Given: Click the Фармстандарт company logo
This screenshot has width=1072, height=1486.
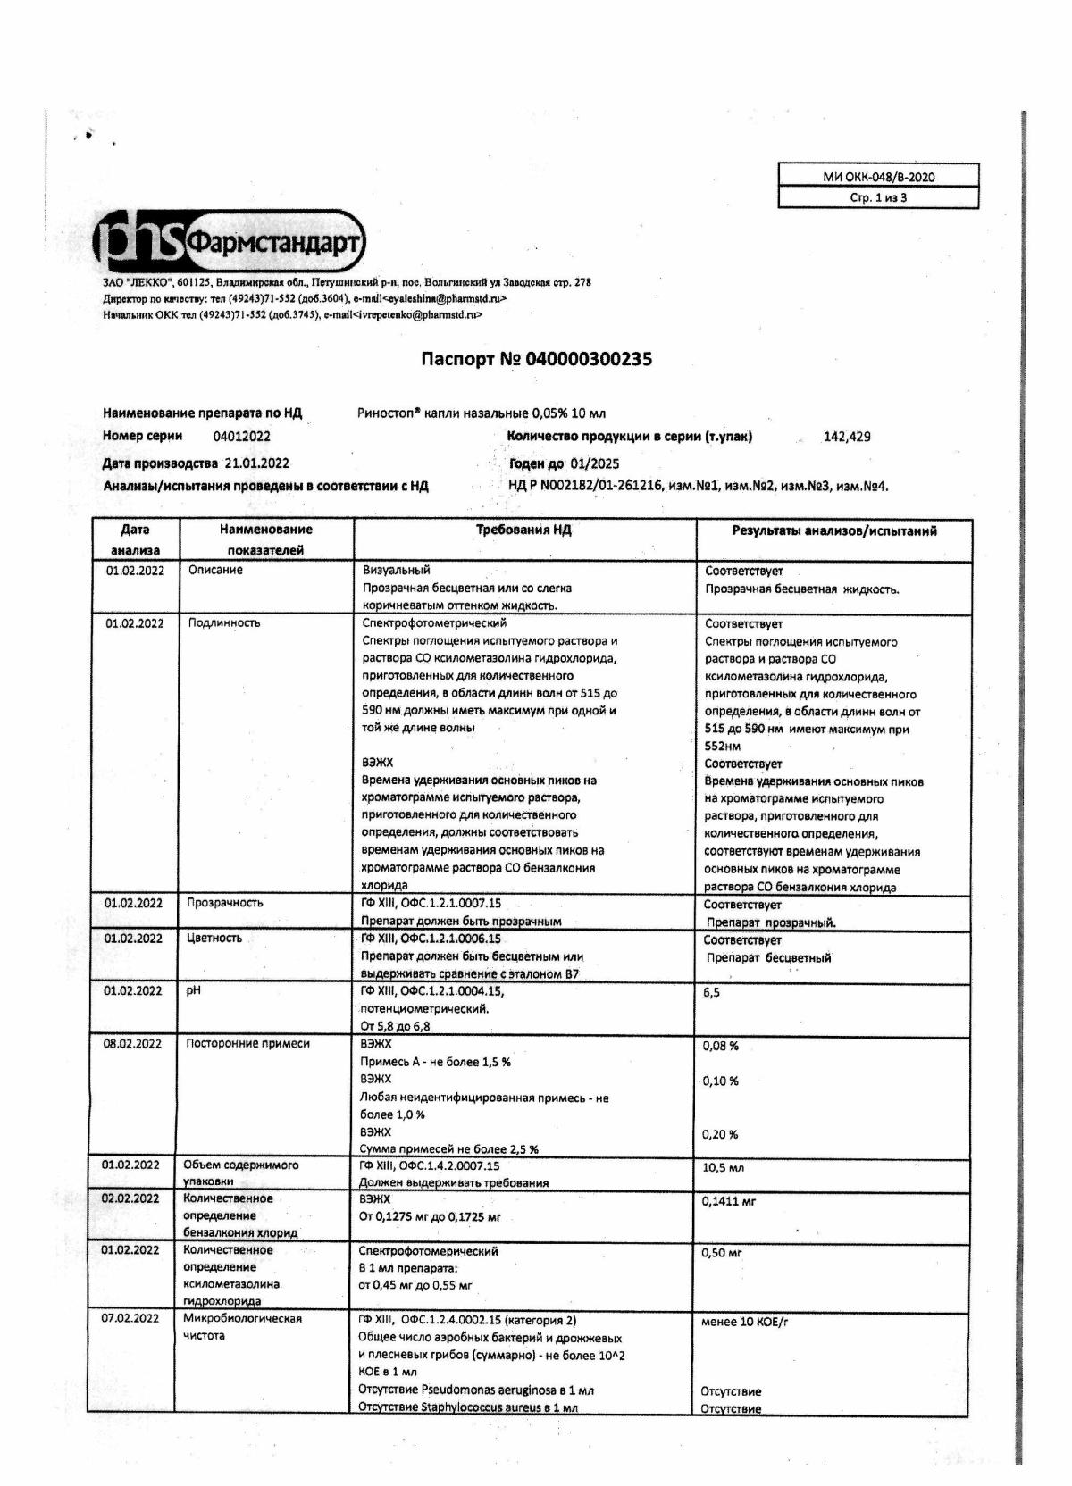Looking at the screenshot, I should coord(230,242).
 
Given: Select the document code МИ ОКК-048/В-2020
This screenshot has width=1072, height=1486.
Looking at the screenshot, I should coord(878,177).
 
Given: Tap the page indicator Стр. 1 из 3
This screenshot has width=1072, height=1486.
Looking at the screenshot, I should coord(878,197).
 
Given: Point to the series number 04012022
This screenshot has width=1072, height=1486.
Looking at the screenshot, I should coord(241,437).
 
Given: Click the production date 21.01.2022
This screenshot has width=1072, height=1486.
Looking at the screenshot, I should coord(257,463).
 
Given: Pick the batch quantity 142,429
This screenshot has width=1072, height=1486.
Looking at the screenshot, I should coord(847,437).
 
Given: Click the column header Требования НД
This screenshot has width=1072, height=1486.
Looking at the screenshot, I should coord(523,530).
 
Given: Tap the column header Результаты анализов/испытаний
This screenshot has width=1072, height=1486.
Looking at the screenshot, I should coord(834,531).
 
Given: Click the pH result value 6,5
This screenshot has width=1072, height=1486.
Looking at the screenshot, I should coord(711,992).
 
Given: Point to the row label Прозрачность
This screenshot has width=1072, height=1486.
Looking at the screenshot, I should coord(224,903).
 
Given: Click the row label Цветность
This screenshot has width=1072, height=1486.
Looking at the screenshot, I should coord(214,939).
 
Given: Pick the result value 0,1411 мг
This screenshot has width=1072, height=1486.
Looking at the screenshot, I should coord(729,1202).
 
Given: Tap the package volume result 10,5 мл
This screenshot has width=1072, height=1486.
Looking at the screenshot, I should coord(724,1167).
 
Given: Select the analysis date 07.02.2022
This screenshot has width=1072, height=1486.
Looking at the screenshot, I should coord(130,1318).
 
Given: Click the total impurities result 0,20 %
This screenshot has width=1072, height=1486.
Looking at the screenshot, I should coord(721,1134).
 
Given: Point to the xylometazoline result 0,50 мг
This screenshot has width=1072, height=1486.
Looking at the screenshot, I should coord(723,1253).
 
